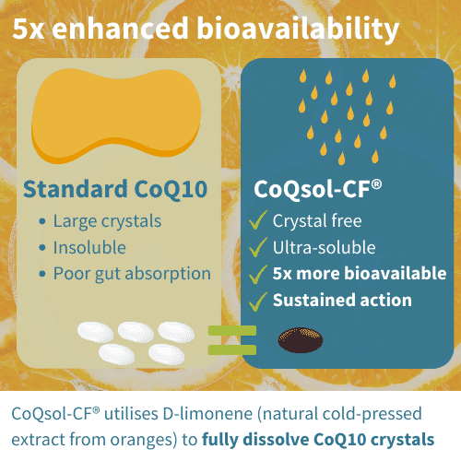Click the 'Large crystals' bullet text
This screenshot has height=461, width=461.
click(x=107, y=221)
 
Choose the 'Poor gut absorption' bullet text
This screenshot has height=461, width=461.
click(x=132, y=274)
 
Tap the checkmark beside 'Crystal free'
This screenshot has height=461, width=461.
click(x=259, y=220)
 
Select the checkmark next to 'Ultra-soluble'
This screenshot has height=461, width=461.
click(x=259, y=247)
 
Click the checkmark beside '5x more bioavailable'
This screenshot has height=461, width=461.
click(x=259, y=274)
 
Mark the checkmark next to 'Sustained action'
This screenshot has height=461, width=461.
click(x=259, y=301)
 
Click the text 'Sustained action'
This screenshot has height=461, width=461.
click(x=342, y=301)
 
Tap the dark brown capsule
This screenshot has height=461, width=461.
click(x=301, y=340)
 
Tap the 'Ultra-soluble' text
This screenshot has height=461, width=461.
click(x=325, y=247)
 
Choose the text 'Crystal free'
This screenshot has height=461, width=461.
click(x=317, y=220)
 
